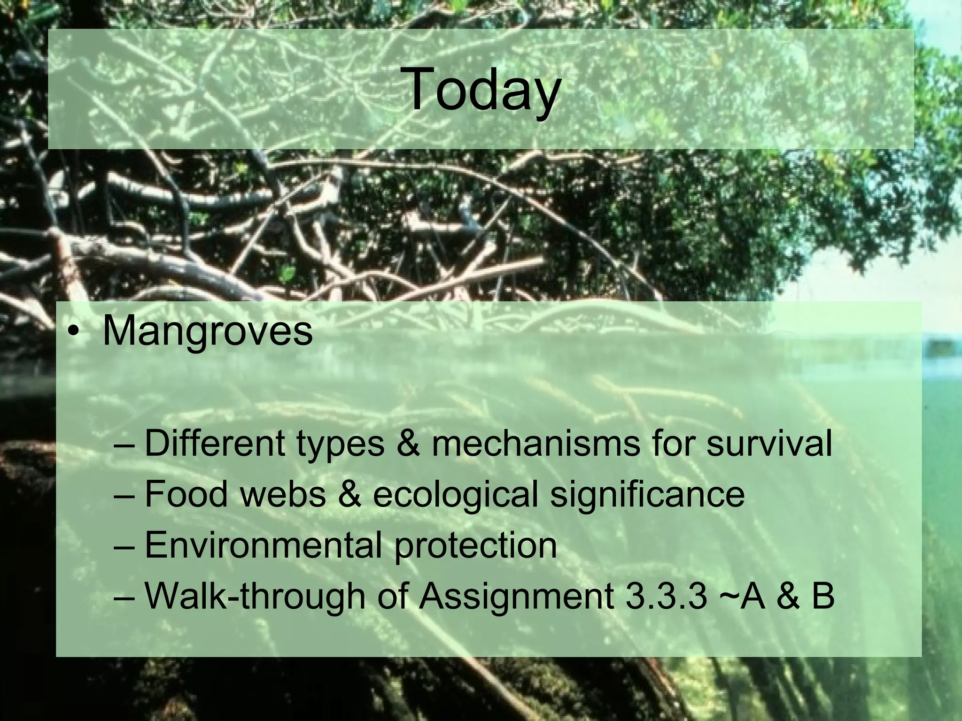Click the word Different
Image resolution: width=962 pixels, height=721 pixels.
point(214,443)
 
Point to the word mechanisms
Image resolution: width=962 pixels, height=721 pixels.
point(535,443)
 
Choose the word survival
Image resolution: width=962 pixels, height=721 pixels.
point(769,443)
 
